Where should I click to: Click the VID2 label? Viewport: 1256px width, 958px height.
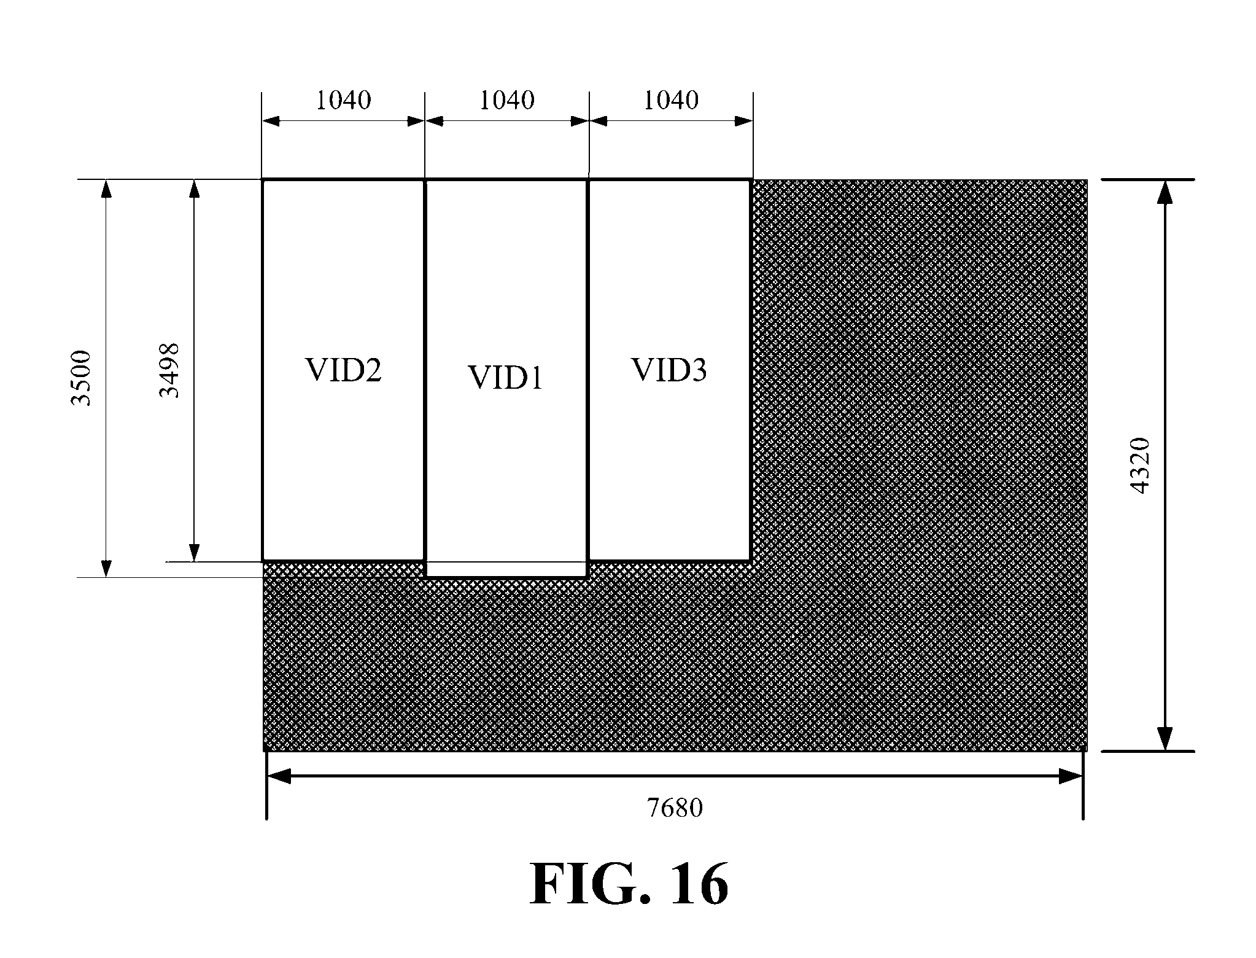pyautogui.click(x=343, y=370)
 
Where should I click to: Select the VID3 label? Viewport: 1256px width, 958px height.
pyautogui.click(x=669, y=370)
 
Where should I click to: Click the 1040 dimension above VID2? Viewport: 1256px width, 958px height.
pyautogui.click(x=343, y=100)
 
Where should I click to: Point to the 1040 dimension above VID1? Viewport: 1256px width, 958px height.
pyautogui.click(x=506, y=100)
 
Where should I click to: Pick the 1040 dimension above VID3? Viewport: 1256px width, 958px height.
pyautogui.click(x=671, y=100)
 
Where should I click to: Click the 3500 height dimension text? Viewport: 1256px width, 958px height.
pyautogui.click(x=81, y=378)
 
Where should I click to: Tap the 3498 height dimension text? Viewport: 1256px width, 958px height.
pyautogui.click(x=169, y=370)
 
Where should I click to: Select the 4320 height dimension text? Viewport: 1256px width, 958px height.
pyautogui.click(x=1140, y=465)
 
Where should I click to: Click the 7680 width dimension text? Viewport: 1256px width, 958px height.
pyautogui.click(x=675, y=808)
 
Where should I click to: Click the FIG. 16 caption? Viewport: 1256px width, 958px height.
pyautogui.click(x=629, y=884)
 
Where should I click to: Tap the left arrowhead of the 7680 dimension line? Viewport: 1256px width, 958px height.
pyautogui.click(x=278, y=777)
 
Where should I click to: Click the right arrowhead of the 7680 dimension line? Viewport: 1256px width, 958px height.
pyautogui.click(x=1071, y=777)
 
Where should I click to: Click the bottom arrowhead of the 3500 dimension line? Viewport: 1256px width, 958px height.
pyautogui.click(x=107, y=569)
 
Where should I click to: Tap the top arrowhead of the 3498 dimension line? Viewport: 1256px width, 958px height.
pyautogui.click(x=195, y=189)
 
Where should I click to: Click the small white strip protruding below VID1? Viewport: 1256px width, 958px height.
pyautogui.click(x=506, y=569)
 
